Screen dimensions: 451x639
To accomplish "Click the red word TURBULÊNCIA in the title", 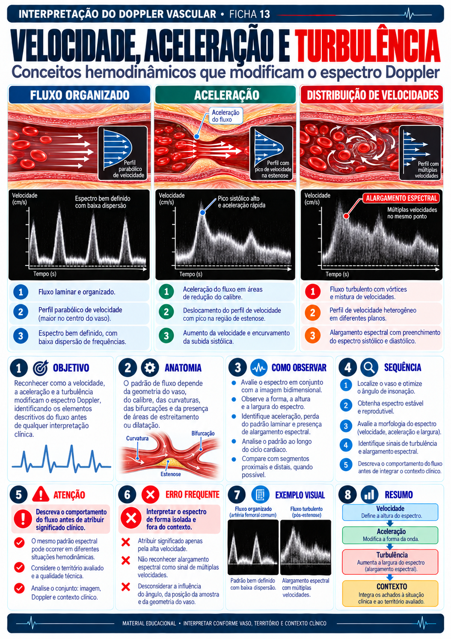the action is (368, 47).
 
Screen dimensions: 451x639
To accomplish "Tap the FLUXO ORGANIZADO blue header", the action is (80, 95).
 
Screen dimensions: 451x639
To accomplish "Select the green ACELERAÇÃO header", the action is (225, 95).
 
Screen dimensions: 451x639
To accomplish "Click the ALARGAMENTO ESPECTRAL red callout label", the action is (401, 198).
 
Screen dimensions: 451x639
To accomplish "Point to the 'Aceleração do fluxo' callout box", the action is (225, 116).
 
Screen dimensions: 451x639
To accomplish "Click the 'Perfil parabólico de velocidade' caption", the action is (129, 169).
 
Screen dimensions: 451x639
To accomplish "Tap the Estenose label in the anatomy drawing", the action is (170, 474).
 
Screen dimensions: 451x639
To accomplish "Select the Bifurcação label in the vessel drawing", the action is (203, 433).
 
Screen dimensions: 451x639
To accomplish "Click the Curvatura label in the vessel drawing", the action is (137, 438).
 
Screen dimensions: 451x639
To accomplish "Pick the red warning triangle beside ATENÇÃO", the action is (41, 494).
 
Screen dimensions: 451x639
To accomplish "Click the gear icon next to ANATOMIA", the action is (150, 368).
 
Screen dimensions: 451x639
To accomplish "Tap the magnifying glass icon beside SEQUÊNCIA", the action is (369, 367).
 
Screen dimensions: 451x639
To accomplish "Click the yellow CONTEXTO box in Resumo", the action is (390, 593).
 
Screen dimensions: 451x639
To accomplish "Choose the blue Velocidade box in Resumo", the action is (390, 512).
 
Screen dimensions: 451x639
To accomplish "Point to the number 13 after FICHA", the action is (265, 14).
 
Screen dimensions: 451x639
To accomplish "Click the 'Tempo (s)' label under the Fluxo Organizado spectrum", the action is (45, 274).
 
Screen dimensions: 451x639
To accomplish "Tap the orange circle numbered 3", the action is (313, 336).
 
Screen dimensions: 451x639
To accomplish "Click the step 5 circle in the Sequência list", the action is (346, 465).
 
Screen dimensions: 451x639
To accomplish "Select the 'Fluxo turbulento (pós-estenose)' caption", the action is (306, 512).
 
